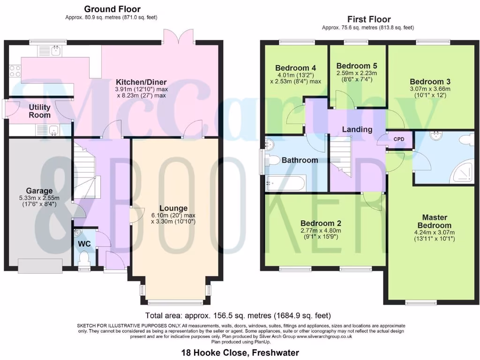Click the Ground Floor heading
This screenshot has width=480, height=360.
tap(112, 9)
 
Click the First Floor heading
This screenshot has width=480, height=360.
tap(368, 19)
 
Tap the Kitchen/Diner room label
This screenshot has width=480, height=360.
tap(142, 82)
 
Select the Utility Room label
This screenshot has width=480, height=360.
tap(39, 112)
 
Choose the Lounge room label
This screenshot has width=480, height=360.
tap(173, 208)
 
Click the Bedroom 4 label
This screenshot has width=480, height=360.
tap(292, 67)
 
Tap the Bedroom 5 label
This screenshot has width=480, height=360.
tap(357, 66)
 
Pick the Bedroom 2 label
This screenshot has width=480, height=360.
tap(321, 223)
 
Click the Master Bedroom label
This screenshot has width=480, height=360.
tap(435, 221)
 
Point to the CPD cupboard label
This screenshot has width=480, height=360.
tap(399, 139)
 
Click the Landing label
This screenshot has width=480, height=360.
tap(357, 129)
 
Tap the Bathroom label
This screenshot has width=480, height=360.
tap(300, 160)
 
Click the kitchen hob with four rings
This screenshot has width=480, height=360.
tap(15, 71)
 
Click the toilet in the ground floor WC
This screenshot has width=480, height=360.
tap(84, 258)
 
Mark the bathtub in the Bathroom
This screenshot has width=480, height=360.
tap(285, 183)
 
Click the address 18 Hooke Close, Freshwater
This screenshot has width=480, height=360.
tap(240, 352)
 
